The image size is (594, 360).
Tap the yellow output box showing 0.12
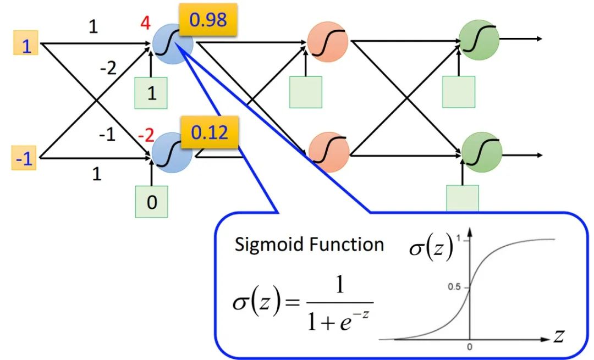[209, 132]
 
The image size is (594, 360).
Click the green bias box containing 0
[152, 202]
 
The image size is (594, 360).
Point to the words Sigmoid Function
[309, 244]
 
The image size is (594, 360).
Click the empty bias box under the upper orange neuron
[305, 91]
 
